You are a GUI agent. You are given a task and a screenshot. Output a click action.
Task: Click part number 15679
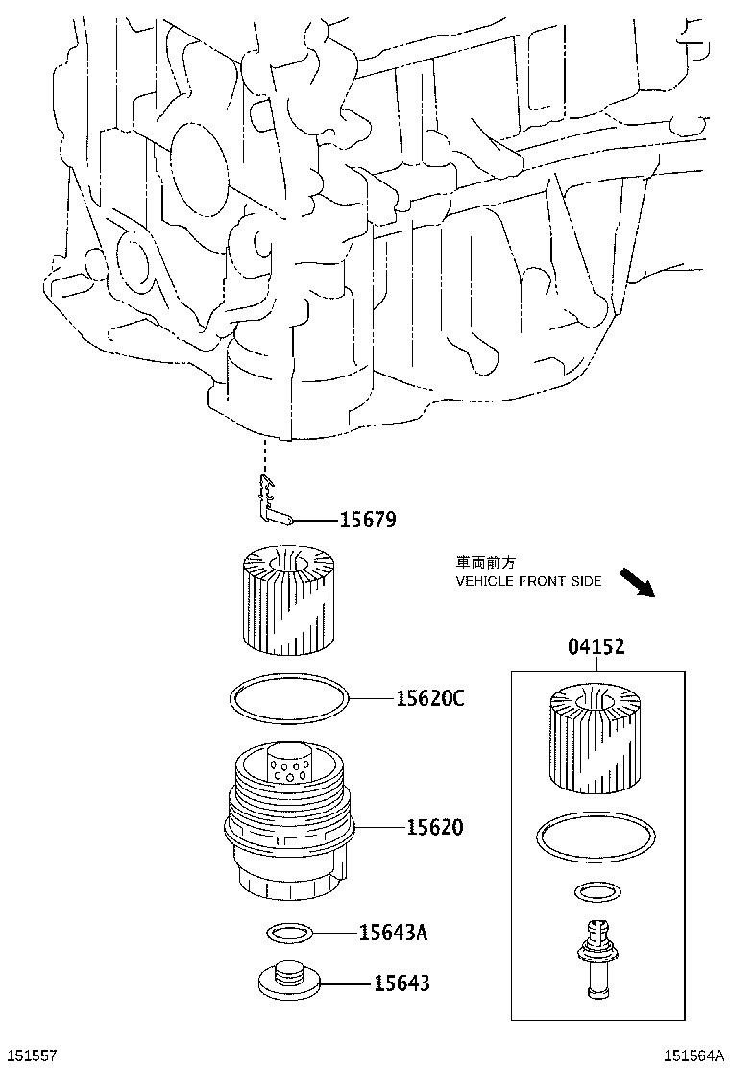tap(368, 521)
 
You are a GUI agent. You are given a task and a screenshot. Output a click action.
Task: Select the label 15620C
tap(429, 699)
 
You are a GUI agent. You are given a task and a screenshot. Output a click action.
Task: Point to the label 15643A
tap(393, 932)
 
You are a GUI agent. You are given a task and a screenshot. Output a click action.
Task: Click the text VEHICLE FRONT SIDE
tap(528, 581)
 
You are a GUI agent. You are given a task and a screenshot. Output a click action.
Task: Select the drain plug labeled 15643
tap(289, 981)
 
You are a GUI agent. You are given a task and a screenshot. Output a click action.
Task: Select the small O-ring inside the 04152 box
tap(595, 893)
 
